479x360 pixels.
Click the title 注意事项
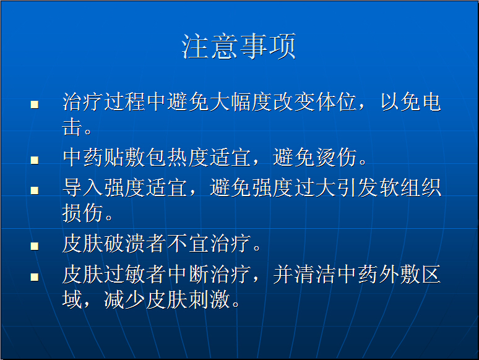(x=239, y=46)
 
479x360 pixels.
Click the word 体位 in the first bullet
(x=336, y=101)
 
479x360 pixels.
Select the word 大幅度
(x=241, y=101)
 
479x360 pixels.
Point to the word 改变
(x=294, y=101)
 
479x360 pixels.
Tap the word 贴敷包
(x=136, y=158)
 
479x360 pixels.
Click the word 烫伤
(x=335, y=158)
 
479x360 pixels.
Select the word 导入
(x=83, y=188)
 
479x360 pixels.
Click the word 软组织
(x=410, y=188)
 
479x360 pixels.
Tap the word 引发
(x=358, y=188)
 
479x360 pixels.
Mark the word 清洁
(x=315, y=274)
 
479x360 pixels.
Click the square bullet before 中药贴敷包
(x=35, y=160)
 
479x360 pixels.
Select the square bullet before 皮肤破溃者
(x=35, y=246)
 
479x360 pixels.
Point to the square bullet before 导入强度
(x=35, y=191)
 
